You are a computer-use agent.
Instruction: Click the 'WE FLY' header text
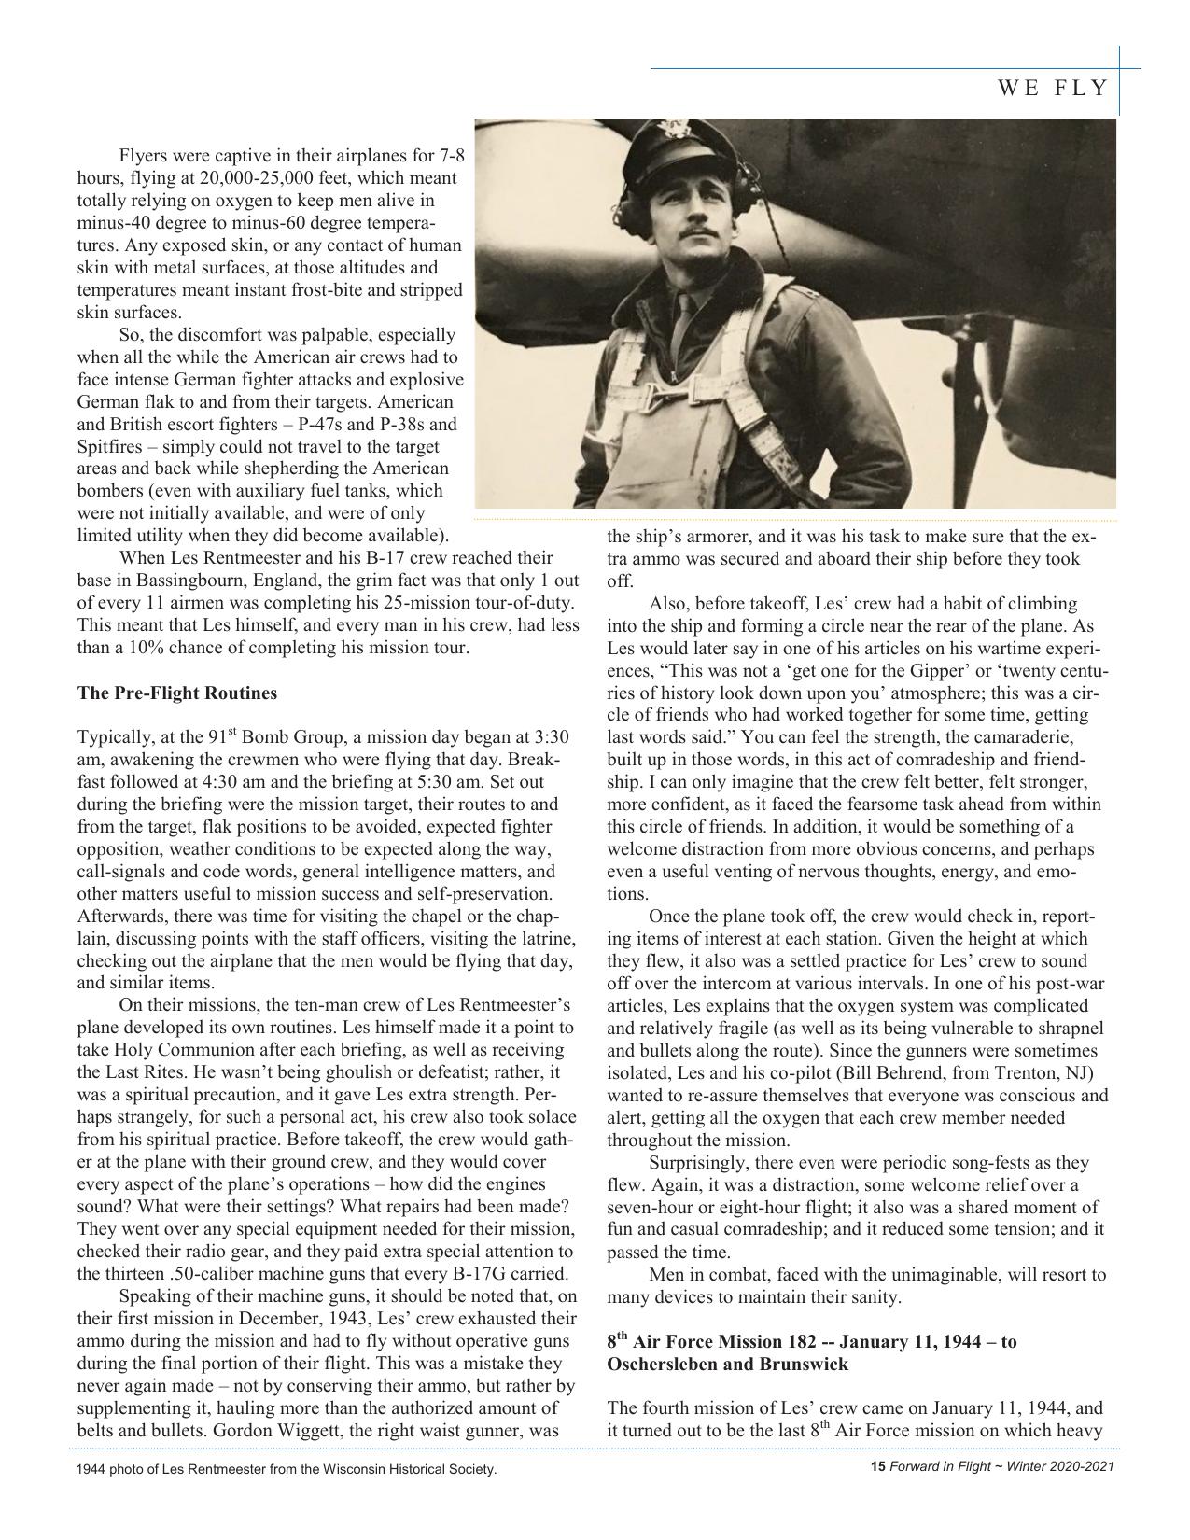pyautogui.click(x=1053, y=89)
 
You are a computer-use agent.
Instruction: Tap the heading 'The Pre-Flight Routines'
pyautogui.click(x=177, y=693)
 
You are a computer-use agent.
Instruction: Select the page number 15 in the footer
pyautogui.click(x=877, y=1466)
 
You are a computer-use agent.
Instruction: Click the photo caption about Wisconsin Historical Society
pyautogui.click(x=287, y=1470)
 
